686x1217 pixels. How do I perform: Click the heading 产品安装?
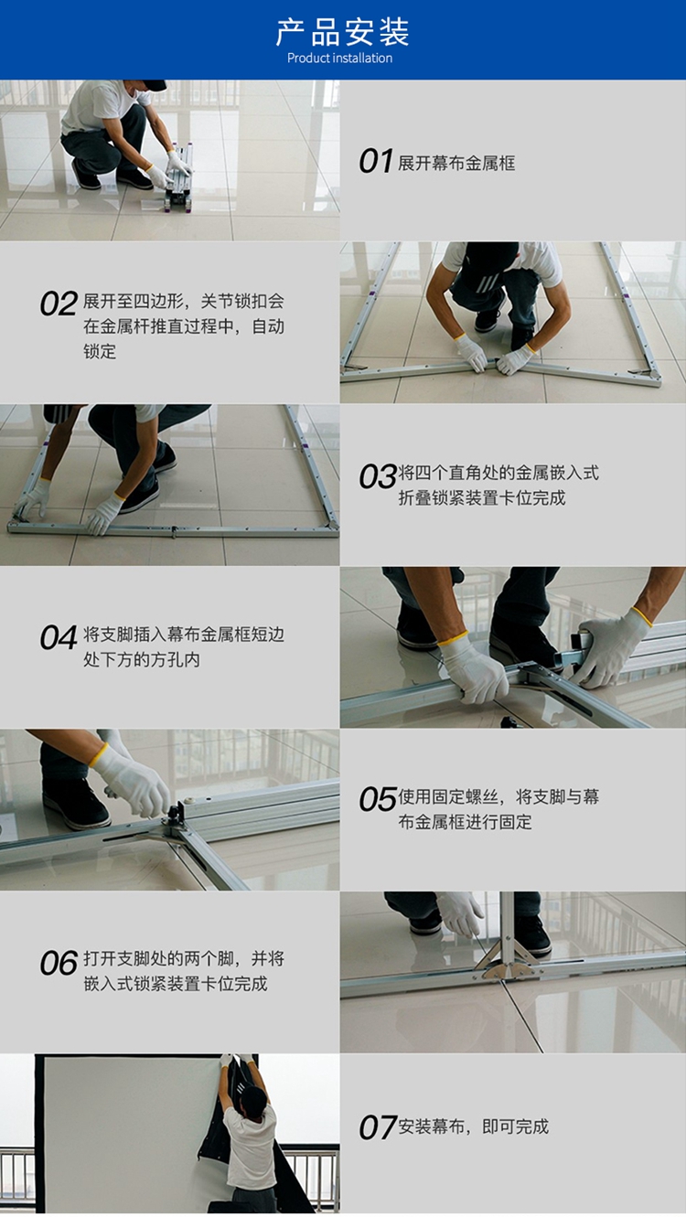pyautogui.click(x=342, y=32)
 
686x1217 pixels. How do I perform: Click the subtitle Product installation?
pyautogui.click(x=339, y=59)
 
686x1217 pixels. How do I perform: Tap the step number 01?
pyautogui.click(x=376, y=161)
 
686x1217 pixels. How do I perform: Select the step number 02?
pyautogui.click(x=59, y=304)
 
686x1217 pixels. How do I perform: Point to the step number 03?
pyautogui.click(x=377, y=476)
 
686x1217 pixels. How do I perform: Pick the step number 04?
pyautogui.click(x=59, y=636)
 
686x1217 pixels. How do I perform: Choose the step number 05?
pyautogui.click(x=377, y=799)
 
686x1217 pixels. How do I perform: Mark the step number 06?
pyautogui.click(x=59, y=963)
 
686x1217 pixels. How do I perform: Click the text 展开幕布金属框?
pyautogui.click(x=456, y=163)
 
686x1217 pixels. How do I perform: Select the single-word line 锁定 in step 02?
pyautogui.click(x=100, y=351)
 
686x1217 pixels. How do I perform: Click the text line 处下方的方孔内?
pyautogui.click(x=142, y=659)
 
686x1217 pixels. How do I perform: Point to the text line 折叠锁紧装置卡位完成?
pyautogui.click(x=482, y=497)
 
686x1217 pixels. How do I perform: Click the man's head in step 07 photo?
pyautogui.click(x=254, y=1101)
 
